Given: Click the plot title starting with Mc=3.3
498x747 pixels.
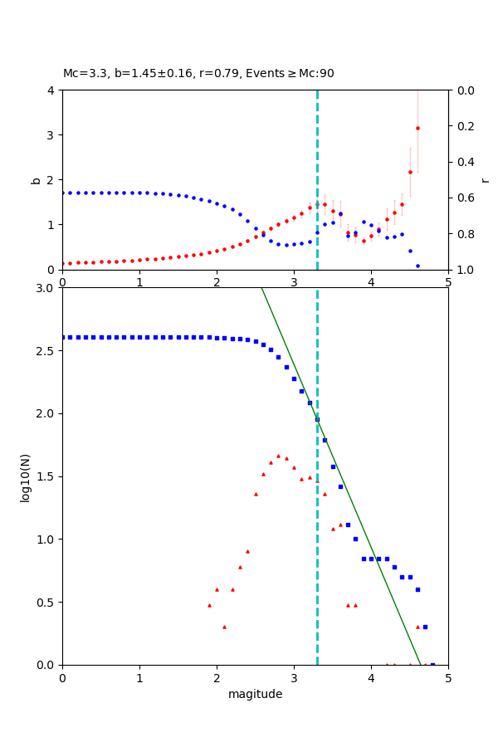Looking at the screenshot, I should point(198,73).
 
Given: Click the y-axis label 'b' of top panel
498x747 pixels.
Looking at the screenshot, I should point(36,179).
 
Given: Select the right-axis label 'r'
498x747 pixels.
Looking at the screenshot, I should point(485,179).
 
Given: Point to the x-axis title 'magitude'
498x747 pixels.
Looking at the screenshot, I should point(255,694).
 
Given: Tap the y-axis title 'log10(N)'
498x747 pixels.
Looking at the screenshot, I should point(25,476).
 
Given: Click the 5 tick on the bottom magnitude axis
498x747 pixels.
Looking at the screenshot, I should point(448,677).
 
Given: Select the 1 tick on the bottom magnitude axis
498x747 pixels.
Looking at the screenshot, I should point(139,677).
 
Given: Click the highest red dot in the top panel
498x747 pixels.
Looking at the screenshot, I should point(417,128).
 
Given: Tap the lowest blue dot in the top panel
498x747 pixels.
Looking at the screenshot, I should point(417,266).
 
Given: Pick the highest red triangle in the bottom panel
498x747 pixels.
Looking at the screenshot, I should point(278,456).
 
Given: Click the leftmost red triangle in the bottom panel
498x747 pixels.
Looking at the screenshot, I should point(209,605).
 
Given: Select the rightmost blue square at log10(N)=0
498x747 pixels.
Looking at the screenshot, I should point(432,664).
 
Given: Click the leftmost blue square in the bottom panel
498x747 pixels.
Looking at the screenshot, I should point(63,337).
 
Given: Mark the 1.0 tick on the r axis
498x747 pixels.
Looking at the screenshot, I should point(459,270).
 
